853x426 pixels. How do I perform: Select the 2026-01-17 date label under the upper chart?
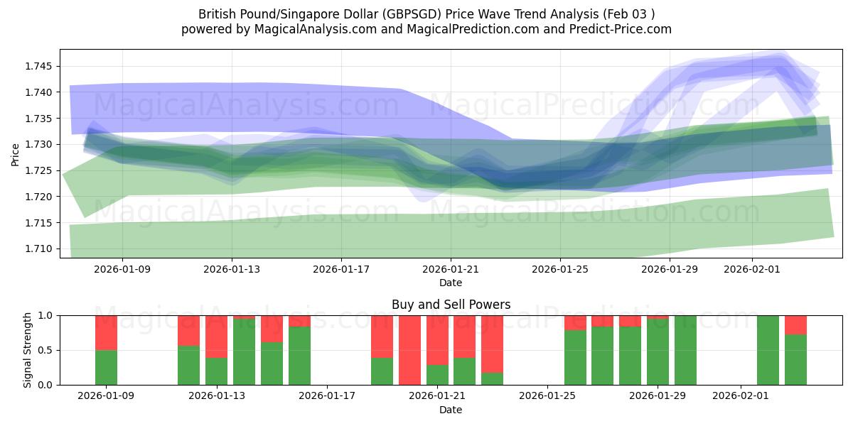pos(341,270)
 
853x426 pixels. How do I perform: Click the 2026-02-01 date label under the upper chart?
pos(751,270)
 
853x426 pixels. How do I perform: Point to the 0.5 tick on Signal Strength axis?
pos(47,350)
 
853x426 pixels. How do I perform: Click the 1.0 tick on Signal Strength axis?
pos(47,315)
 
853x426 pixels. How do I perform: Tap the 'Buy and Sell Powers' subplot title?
pos(451,305)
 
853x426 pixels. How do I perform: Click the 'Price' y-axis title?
pos(16,153)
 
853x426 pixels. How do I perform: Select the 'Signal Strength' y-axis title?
pos(28,350)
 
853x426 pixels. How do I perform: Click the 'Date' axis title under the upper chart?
pos(451,283)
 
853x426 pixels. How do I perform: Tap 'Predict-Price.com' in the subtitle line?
pos(622,29)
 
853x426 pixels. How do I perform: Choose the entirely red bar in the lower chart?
pos(409,350)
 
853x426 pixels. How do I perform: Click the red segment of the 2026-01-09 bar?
pos(106,332)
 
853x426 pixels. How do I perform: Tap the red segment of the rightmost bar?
pos(795,324)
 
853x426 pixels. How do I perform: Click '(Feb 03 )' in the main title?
pos(628,13)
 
